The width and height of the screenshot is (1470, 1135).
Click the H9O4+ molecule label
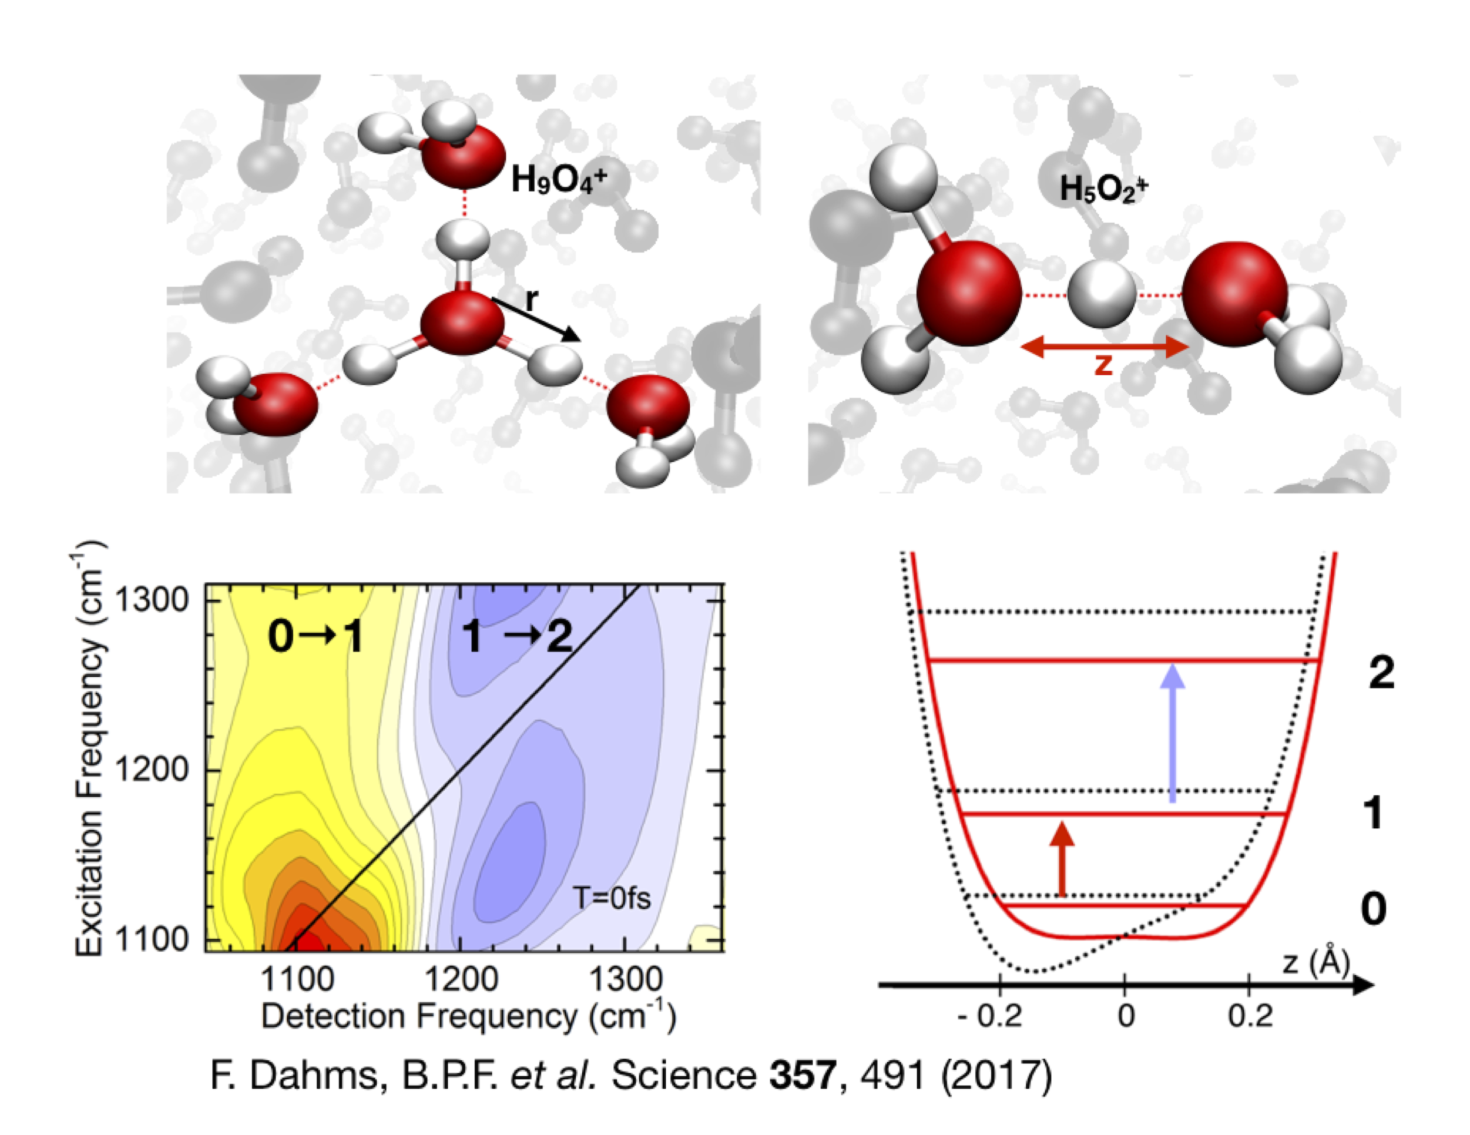tap(559, 180)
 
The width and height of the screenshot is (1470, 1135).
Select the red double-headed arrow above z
tap(1105, 347)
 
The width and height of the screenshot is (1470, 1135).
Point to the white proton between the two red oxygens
tap(1101, 295)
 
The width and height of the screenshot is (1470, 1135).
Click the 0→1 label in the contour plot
tap(315, 636)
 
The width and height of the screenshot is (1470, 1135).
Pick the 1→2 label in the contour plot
tap(517, 636)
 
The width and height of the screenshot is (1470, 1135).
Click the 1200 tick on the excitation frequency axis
tap(152, 770)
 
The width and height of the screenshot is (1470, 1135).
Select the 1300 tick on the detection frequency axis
tap(625, 978)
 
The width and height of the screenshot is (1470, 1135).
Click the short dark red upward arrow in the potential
tap(1062, 859)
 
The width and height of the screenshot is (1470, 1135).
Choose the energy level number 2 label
tap(1381, 672)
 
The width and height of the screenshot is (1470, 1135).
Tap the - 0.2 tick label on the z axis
tap(989, 1015)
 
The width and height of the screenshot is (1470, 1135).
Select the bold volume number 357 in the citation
tap(803, 1075)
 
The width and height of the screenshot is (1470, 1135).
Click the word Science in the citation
tap(683, 1075)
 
